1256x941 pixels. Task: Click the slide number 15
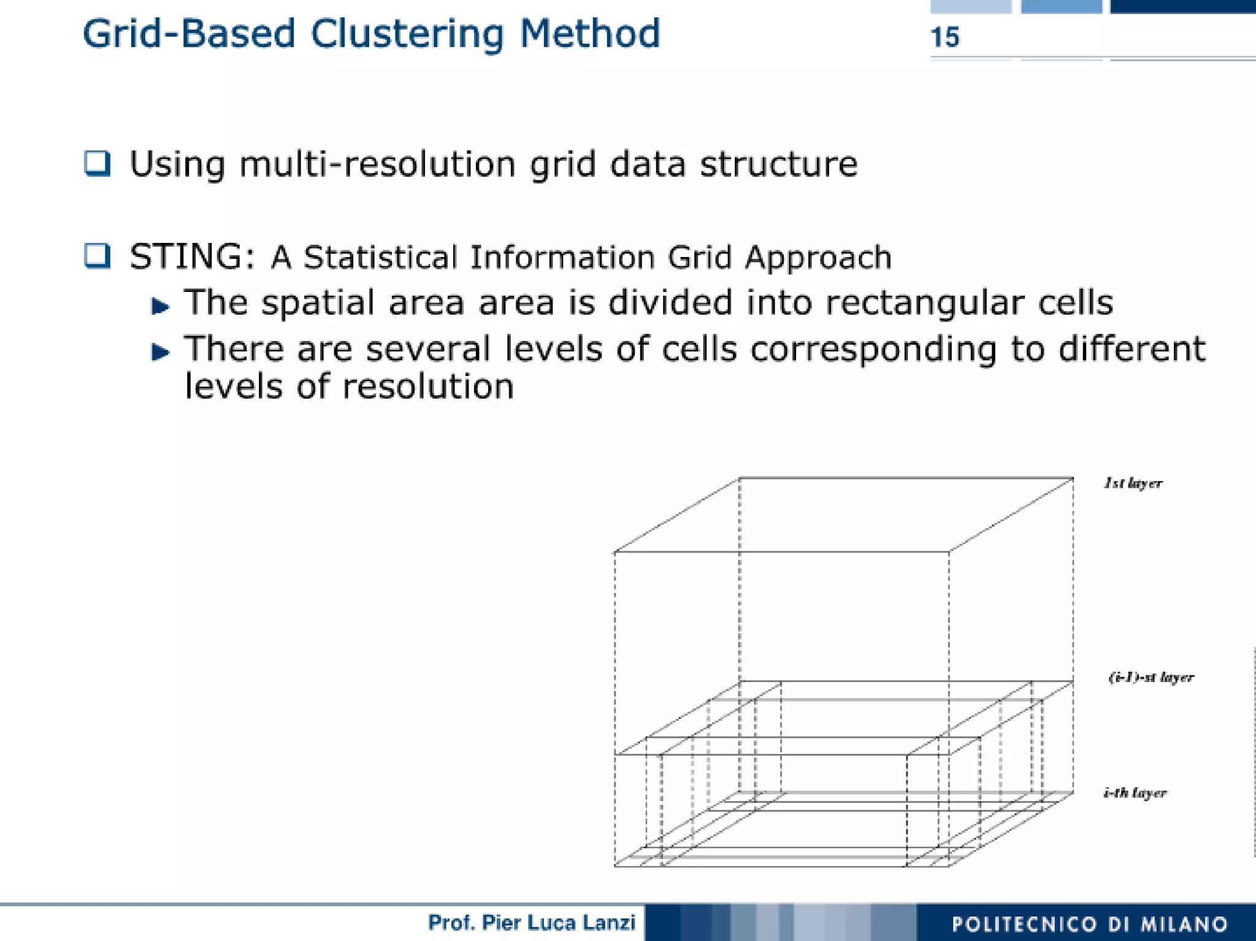click(944, 37)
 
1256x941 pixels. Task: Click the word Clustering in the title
click(407, 34)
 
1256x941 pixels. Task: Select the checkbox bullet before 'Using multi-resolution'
click(97, 163)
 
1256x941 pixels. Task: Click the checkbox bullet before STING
click(97, 256)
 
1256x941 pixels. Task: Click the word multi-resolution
click(377, 164)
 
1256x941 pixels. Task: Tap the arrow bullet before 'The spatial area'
click(160, 305)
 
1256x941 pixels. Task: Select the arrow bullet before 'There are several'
click(160, 351)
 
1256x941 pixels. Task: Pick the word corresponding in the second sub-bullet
click(873, 350)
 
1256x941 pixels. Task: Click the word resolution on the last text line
click(427, 386)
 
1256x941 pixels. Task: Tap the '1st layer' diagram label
click(1133, 483)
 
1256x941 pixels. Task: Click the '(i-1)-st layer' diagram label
click(1151, 677)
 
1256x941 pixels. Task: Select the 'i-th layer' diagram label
click(1135, 793)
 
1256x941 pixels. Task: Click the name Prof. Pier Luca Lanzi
click(531, 922)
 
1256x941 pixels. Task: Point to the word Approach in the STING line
click(818, 258)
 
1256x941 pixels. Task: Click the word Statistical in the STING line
click(380, 257)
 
